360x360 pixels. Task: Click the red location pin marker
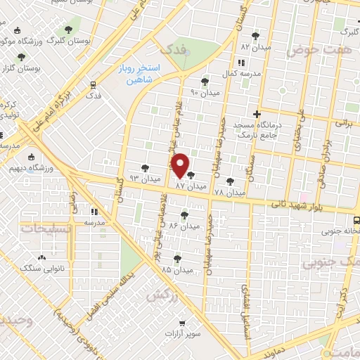181,165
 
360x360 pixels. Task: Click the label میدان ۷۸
229,192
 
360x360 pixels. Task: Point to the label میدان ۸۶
185,226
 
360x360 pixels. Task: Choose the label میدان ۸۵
176,270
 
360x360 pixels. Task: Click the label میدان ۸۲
255,46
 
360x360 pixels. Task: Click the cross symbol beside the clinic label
257,114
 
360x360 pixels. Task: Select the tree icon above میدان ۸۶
185,215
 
